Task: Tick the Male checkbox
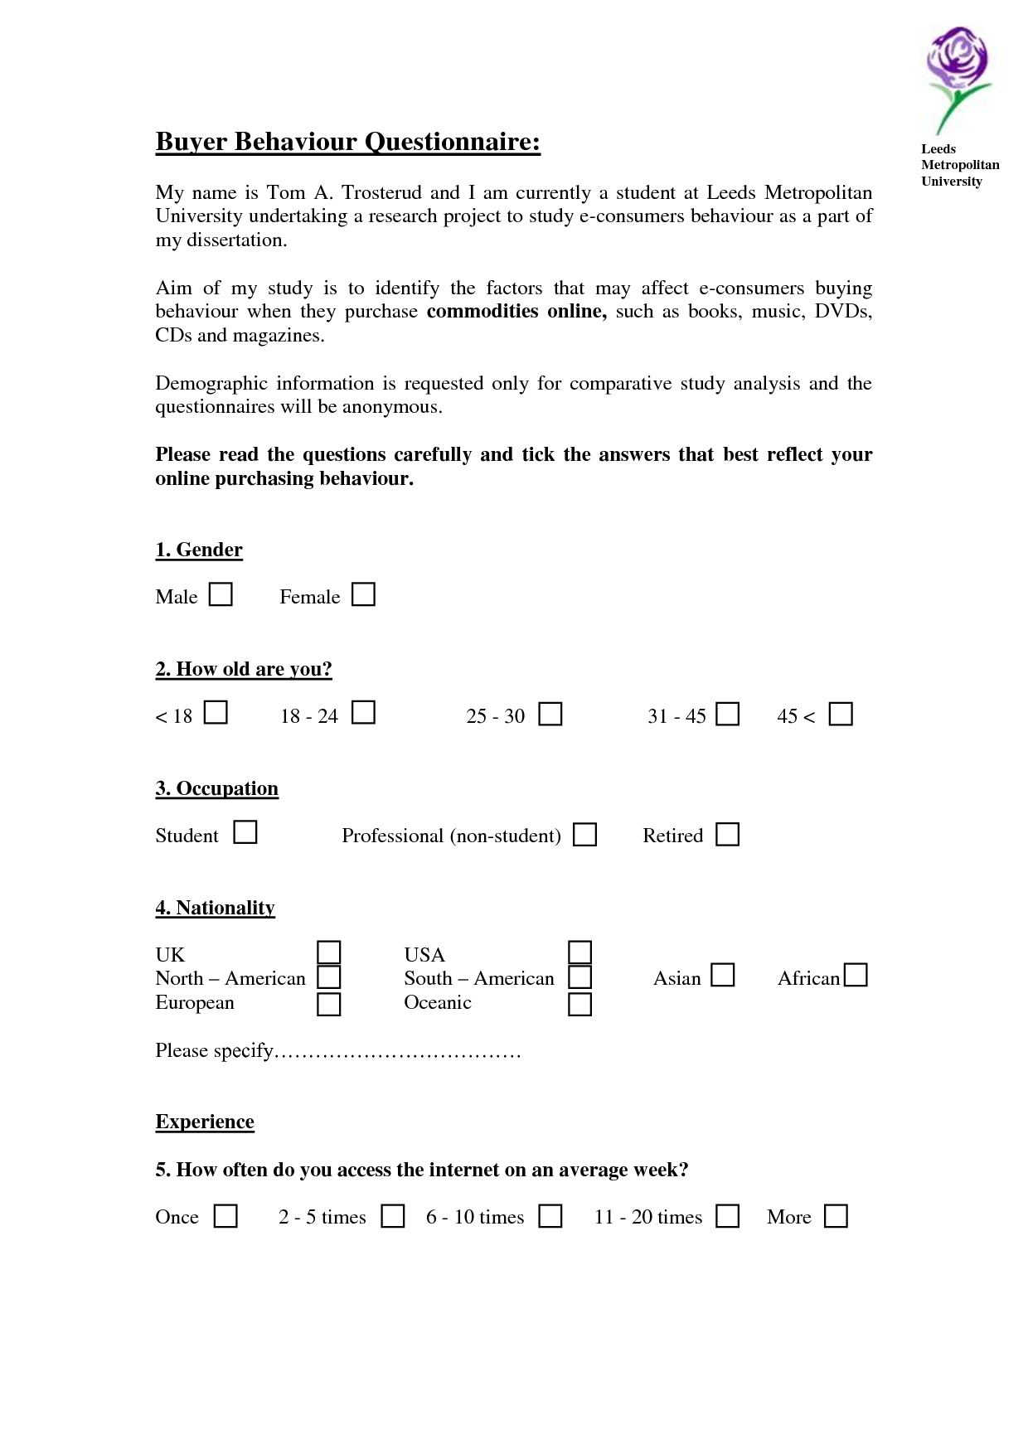[x=221, y=594]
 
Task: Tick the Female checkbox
[x=363, y=594]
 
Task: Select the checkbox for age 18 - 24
[x=363, y=713]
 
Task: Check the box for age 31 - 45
[x=727, y=714]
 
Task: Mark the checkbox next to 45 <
[x=841, y=714]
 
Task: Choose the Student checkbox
[x=245, y=832]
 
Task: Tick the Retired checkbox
[x=727, y=834]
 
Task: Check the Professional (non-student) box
[x=585, y=834]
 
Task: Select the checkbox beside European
[x=329, y=1004]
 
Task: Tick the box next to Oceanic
[x=579, y=1004]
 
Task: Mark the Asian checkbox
[x=723, y=975]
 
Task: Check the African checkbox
[x=856, y=975]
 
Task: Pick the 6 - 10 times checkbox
[x=550, y=1216]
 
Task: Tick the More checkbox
[x=836, y=1216]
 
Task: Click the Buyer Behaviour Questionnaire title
[x=347, y=142]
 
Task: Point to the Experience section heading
[x=205, y=1122]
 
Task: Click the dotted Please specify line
[x=398, y=1053]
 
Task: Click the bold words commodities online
[x=516, y=312]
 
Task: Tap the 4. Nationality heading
[x=215, y=908]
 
